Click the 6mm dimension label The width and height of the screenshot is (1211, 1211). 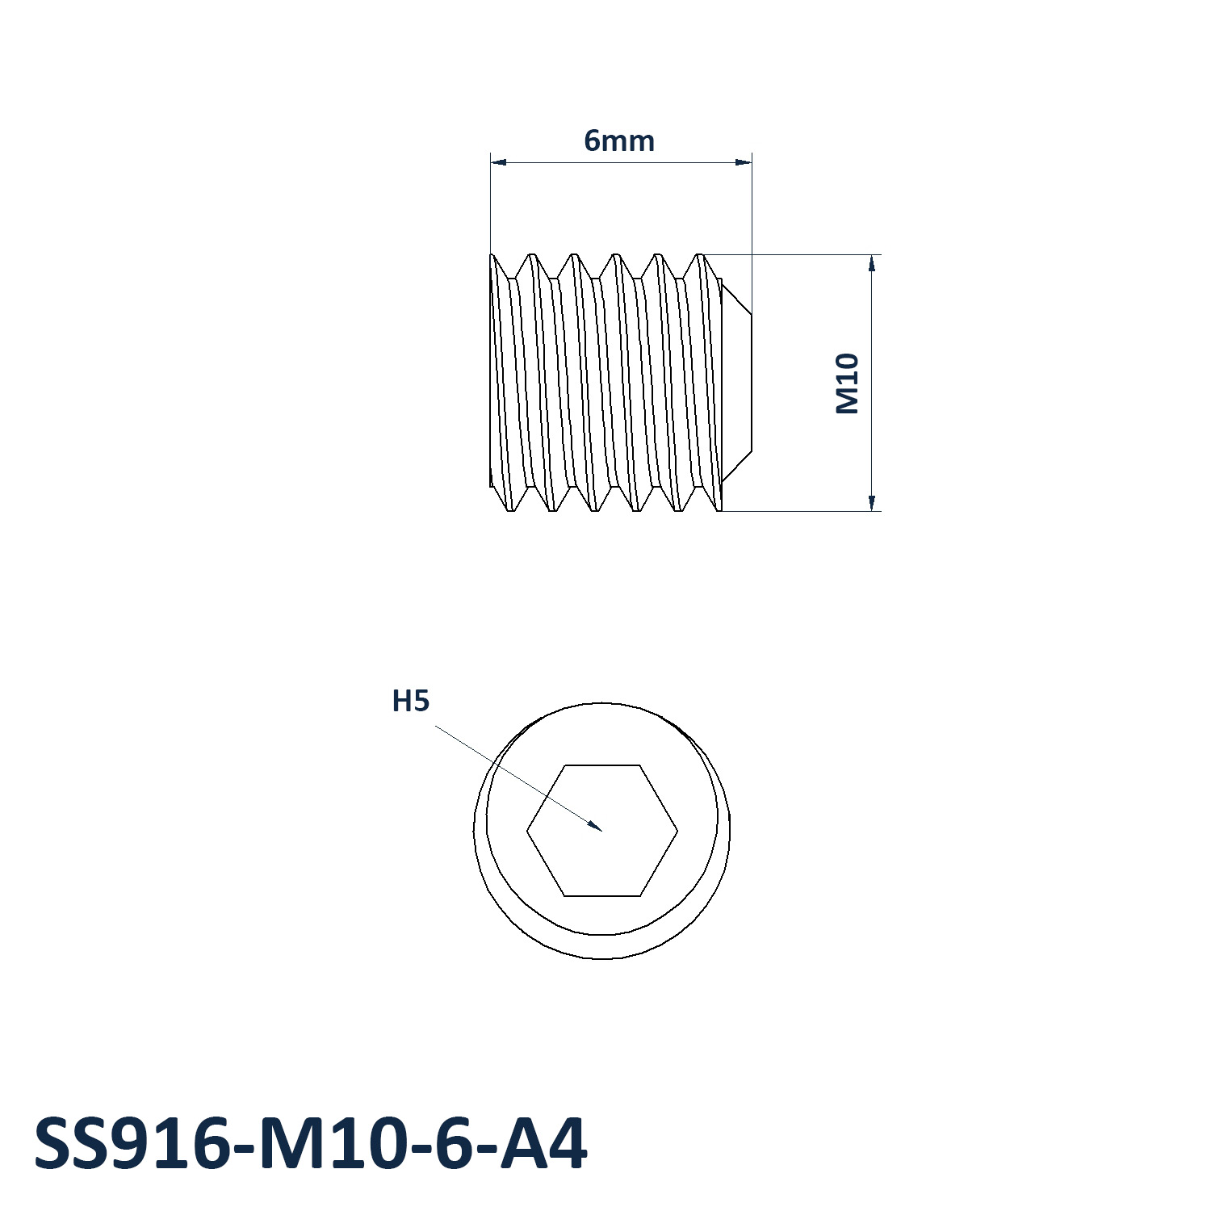[619, 141]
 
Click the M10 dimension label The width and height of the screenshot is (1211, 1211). [847, 383]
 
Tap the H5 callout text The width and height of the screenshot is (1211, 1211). [410, 702]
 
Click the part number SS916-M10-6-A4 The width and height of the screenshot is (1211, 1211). [311, 1144]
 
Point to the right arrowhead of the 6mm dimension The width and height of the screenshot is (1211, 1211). [744, 162]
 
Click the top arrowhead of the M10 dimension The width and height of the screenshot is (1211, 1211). [872, 263]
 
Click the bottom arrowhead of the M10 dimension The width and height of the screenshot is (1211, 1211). [872, 502]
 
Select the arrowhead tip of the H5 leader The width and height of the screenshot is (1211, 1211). [602, 830]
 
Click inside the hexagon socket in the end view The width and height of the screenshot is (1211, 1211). [602, 830]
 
